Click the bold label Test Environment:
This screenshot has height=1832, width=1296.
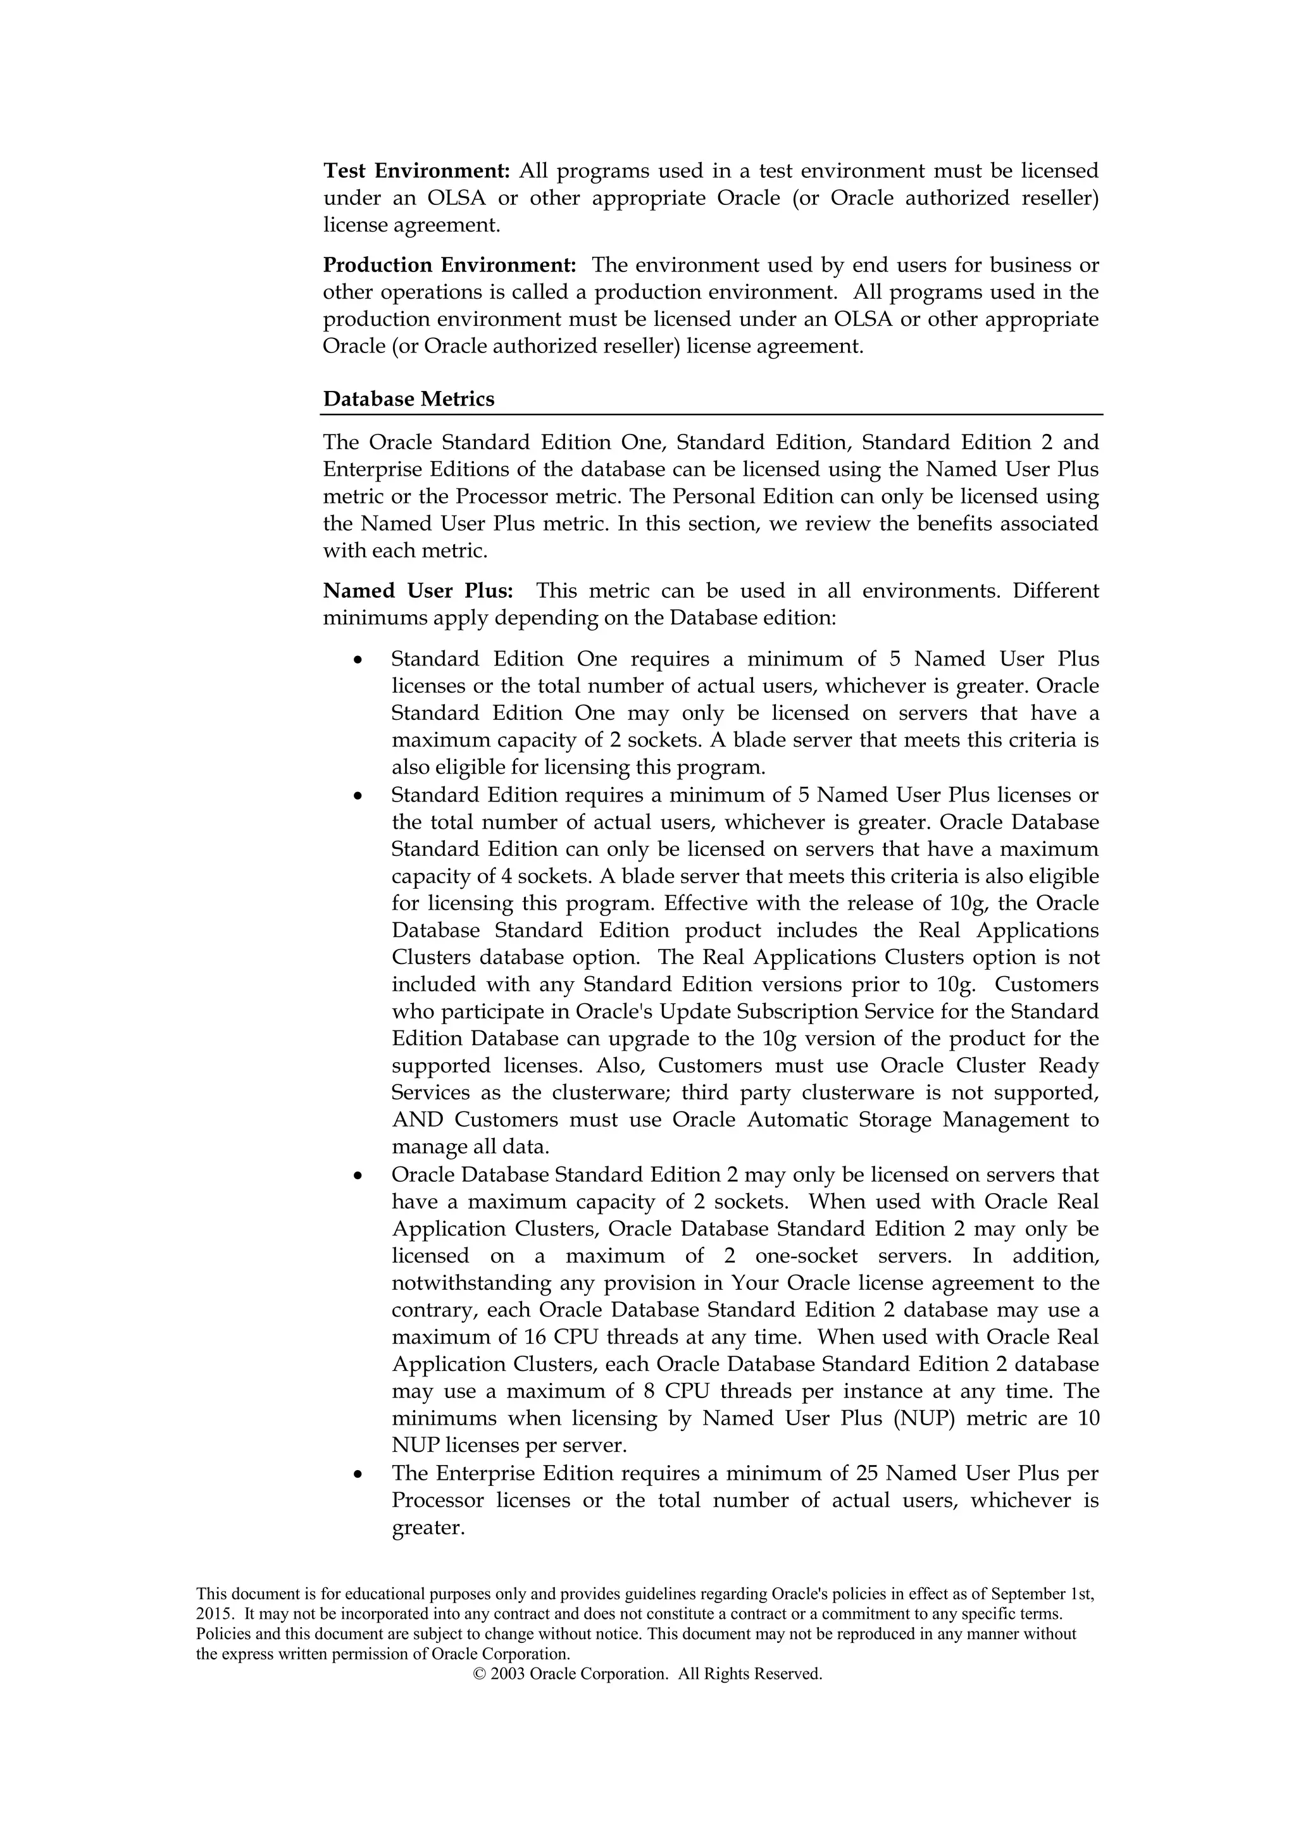(416, 171)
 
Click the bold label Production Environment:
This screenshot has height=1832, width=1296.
(449, 265)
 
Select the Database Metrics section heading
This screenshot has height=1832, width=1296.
(409, 399)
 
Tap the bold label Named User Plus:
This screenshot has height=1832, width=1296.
(418, 591)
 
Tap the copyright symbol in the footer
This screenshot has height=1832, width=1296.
(479, 1674)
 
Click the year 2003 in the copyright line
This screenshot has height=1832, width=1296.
(508, 1674)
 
